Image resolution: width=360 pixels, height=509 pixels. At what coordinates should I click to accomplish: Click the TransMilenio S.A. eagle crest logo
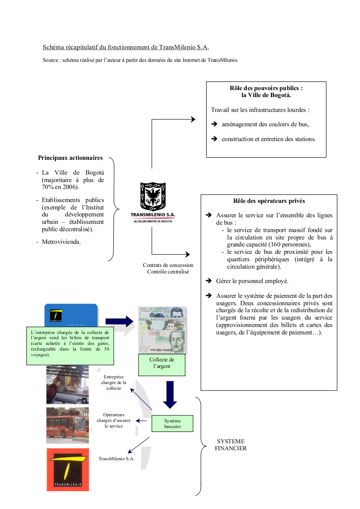[152, 197]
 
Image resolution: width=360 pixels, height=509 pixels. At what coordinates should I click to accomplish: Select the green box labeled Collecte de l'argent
[161, 363]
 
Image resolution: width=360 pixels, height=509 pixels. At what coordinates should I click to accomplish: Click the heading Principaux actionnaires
[71, 158]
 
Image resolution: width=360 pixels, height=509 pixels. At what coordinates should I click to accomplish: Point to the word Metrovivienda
[61, 242]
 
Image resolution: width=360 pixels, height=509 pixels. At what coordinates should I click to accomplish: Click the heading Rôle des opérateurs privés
[269, 201]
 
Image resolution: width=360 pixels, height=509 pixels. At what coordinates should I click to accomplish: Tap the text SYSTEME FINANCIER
[231, 445]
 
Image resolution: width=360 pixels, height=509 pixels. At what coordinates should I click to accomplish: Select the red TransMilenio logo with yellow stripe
[68, 470]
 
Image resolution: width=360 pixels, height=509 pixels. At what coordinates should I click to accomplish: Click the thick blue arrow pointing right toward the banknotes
[119, 321]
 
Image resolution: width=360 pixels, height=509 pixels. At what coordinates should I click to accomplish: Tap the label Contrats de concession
[168, 265]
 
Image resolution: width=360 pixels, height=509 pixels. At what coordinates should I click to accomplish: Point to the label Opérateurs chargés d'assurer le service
[114, 420]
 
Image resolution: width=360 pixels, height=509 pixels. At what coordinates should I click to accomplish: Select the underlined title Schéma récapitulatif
[129, 47]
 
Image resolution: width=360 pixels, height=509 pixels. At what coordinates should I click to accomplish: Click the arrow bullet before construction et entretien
[214, 139]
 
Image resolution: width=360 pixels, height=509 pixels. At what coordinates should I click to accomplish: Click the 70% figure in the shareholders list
[48, 187]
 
